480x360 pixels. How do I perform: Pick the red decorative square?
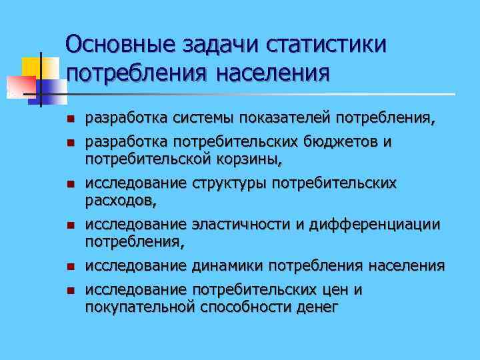(20, 86)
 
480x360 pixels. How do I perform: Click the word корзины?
(251, 159)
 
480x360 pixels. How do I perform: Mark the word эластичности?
(241, 225)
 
